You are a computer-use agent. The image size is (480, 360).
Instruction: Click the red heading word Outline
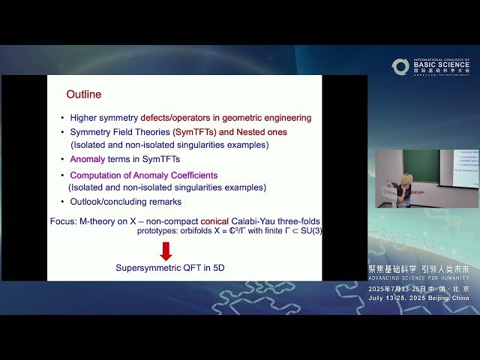(83, 95)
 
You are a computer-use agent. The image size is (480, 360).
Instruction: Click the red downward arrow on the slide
(166, 250)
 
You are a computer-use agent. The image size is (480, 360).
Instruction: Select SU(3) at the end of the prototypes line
(308, 232)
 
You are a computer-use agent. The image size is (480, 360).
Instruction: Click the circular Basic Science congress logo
(400, 67)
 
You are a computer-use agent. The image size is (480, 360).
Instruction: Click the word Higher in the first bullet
(84, 118)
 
